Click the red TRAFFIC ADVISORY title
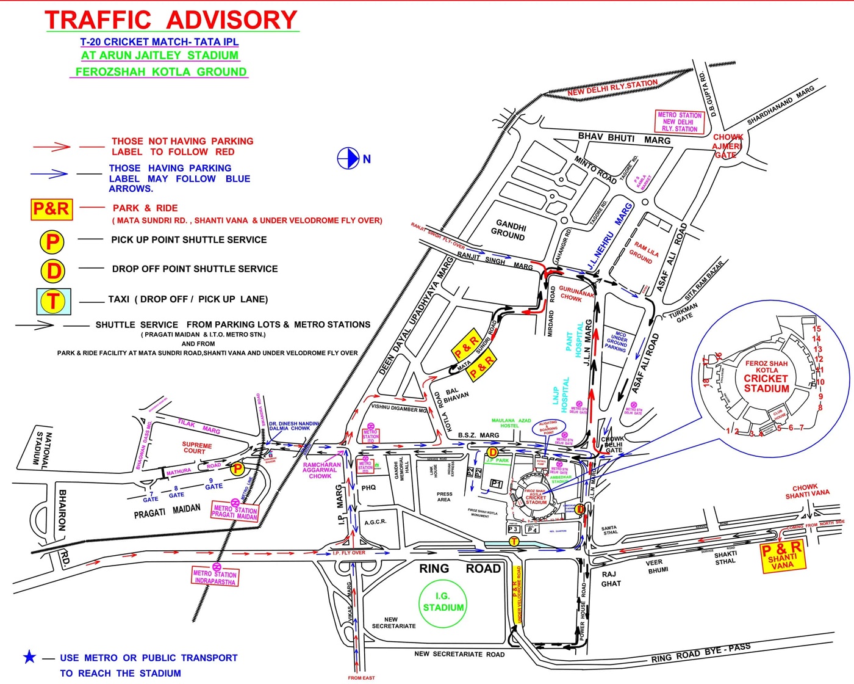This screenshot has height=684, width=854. click(x=171, y=20)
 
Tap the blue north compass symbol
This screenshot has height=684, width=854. click(x=348, y=159)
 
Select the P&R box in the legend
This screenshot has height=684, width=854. click(x=52, y=209)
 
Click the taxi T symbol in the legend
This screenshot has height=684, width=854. click(x=54, y=301)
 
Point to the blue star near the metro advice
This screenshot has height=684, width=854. click(x=29, y=657)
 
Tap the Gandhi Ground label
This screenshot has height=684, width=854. click(x=509, y=230)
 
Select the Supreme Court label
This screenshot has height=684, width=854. click(x=196, y=448)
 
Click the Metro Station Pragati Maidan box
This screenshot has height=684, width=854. click(x=235, y=512)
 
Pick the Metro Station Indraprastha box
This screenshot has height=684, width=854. click(x=215, y=577)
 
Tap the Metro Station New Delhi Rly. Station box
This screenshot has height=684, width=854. click(x=680, y=122)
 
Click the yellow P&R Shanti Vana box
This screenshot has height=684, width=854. click(x=782, y=556)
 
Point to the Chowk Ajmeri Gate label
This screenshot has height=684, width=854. click(x=727, y=146)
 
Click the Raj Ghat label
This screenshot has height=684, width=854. click(x=611, y=578)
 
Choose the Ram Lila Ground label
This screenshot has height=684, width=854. click(x=643, y=252)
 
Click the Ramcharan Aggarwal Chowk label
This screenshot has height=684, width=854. click(x=321, y=470)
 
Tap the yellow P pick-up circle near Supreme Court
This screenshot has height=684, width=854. click(x=237, y=468)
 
